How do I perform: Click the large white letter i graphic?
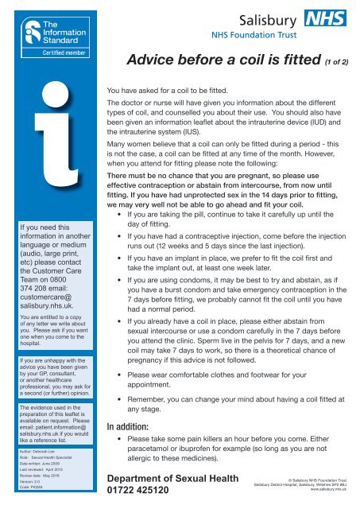48,143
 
